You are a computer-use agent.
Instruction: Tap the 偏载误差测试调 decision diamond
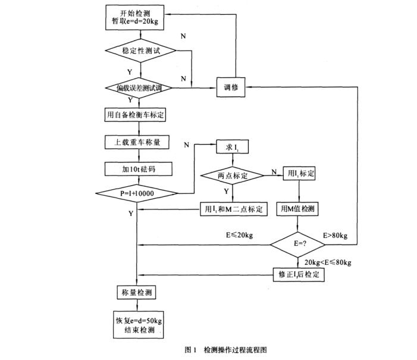(x=138, y=88)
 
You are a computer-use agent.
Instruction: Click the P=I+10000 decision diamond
(x=138, y=193)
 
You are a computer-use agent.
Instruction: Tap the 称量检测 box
(x=138, y=292)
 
